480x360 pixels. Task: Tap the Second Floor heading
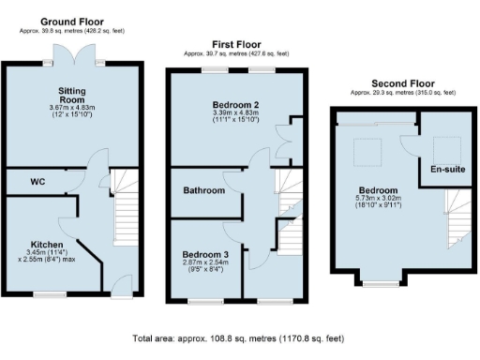[401, 82]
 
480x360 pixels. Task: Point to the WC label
[37, 180]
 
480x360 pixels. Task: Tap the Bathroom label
[203, 191]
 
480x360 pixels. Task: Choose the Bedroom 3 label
[204, 253]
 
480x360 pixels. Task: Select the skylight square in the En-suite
[447, 148]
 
